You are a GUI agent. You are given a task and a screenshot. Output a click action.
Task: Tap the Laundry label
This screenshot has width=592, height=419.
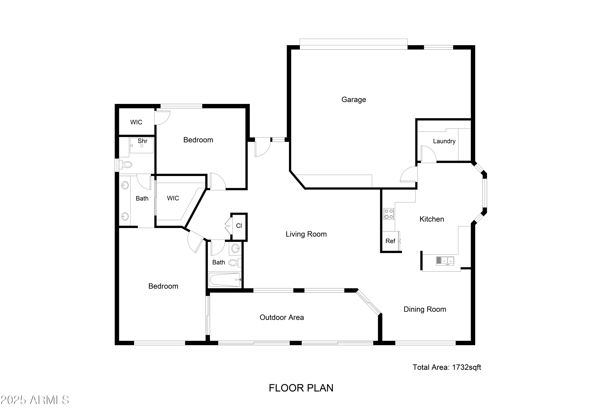(444, 141)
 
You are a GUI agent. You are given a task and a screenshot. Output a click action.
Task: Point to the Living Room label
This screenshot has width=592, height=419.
(306, 234)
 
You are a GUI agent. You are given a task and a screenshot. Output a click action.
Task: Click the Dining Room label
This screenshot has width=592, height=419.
(425, 309)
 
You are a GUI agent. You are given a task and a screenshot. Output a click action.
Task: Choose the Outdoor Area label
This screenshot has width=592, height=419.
(282, 317)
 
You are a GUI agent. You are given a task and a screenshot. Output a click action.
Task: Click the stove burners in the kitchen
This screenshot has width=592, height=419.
(389, 214)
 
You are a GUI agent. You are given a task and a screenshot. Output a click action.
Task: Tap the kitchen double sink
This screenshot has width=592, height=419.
(445, 261)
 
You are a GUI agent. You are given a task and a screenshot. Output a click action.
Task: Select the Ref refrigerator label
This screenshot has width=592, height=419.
(390, 241)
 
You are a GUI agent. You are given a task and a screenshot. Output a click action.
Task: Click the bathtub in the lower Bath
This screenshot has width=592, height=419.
(225, 280)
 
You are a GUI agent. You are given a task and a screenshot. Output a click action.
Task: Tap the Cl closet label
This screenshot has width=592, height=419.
(239, 226)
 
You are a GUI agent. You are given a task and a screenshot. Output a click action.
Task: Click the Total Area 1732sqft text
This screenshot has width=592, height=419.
(447, 367)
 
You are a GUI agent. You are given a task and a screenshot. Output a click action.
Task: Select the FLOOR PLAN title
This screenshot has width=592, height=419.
(301, 388)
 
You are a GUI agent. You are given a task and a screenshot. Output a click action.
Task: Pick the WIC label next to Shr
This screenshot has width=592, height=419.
(136, 122)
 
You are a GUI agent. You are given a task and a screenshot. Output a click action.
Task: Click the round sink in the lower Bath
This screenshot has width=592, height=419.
(235, 249)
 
